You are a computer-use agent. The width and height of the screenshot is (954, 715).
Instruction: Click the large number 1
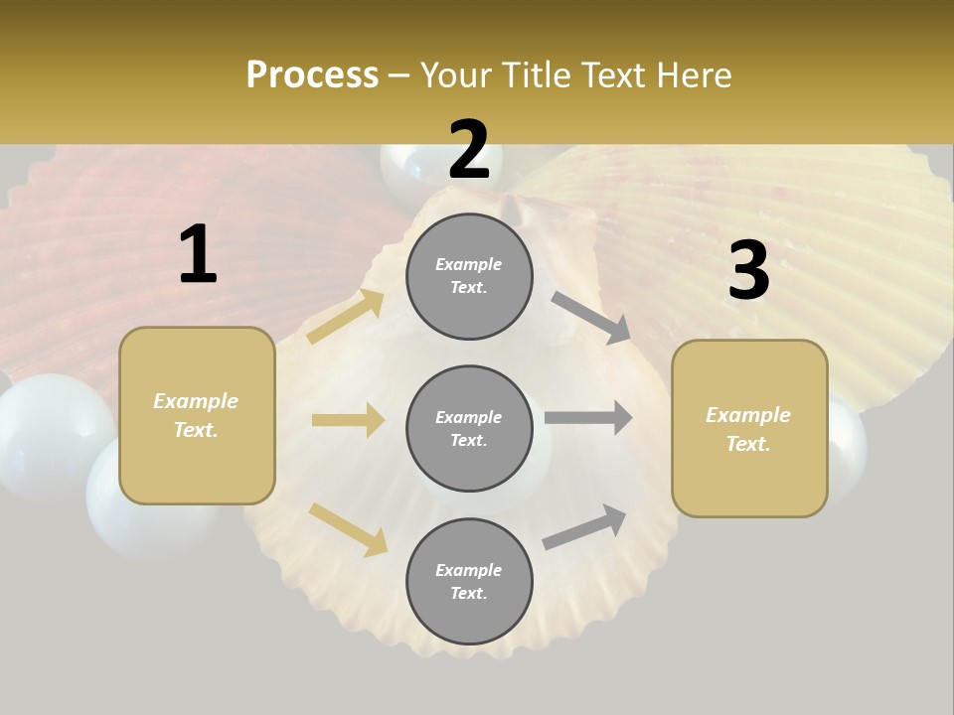tap(198, 255)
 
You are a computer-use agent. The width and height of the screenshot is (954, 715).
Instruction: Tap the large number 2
tap(469, 151)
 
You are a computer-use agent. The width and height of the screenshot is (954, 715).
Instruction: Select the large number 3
tap(748, 271)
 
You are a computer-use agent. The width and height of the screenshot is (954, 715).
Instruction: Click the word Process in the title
tap(312, 74)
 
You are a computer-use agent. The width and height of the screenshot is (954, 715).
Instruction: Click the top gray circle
tap(469, 276)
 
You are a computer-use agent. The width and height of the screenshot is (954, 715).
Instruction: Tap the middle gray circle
tap(469, 428)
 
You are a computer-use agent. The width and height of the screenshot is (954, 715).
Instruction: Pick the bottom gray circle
tap(469, 581)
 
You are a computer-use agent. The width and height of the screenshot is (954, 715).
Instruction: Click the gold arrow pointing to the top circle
tap(346, 317)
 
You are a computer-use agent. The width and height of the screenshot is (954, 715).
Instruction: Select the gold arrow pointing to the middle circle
tap(348, 420)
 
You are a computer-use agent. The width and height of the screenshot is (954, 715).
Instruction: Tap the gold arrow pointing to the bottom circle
tap(349, 528)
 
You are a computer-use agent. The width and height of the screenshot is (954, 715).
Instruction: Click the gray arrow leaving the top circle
tap(591, 317)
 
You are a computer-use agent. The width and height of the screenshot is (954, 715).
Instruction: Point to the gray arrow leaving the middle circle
tap(588, 417)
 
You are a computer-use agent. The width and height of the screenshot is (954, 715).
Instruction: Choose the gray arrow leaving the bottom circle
tap(584, 527)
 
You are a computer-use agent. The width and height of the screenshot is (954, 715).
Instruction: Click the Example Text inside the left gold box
tap(197, 415)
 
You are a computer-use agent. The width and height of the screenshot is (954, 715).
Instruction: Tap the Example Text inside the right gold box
tap(749, 429)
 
